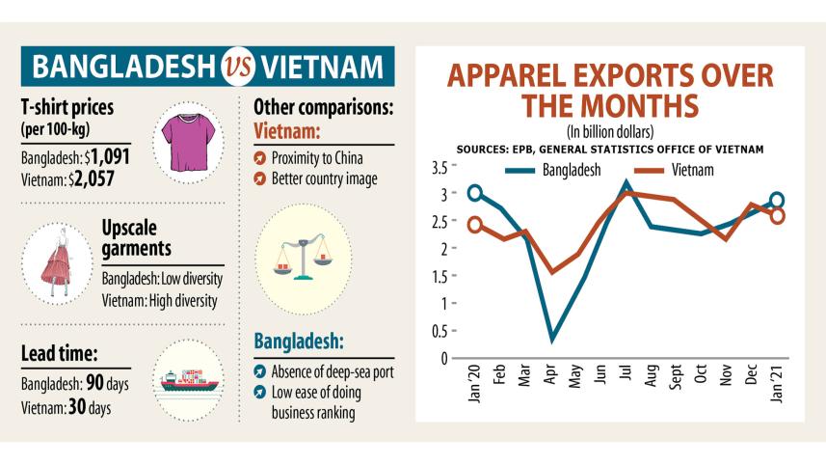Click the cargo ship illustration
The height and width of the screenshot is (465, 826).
pos(189,377)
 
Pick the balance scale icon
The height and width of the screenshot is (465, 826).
pos(298,259)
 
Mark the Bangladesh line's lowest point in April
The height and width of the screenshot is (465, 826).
pos(551,340)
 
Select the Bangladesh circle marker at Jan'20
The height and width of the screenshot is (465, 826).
pos(474,193)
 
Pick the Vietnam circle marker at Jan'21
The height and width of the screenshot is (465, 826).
pos(777,215)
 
